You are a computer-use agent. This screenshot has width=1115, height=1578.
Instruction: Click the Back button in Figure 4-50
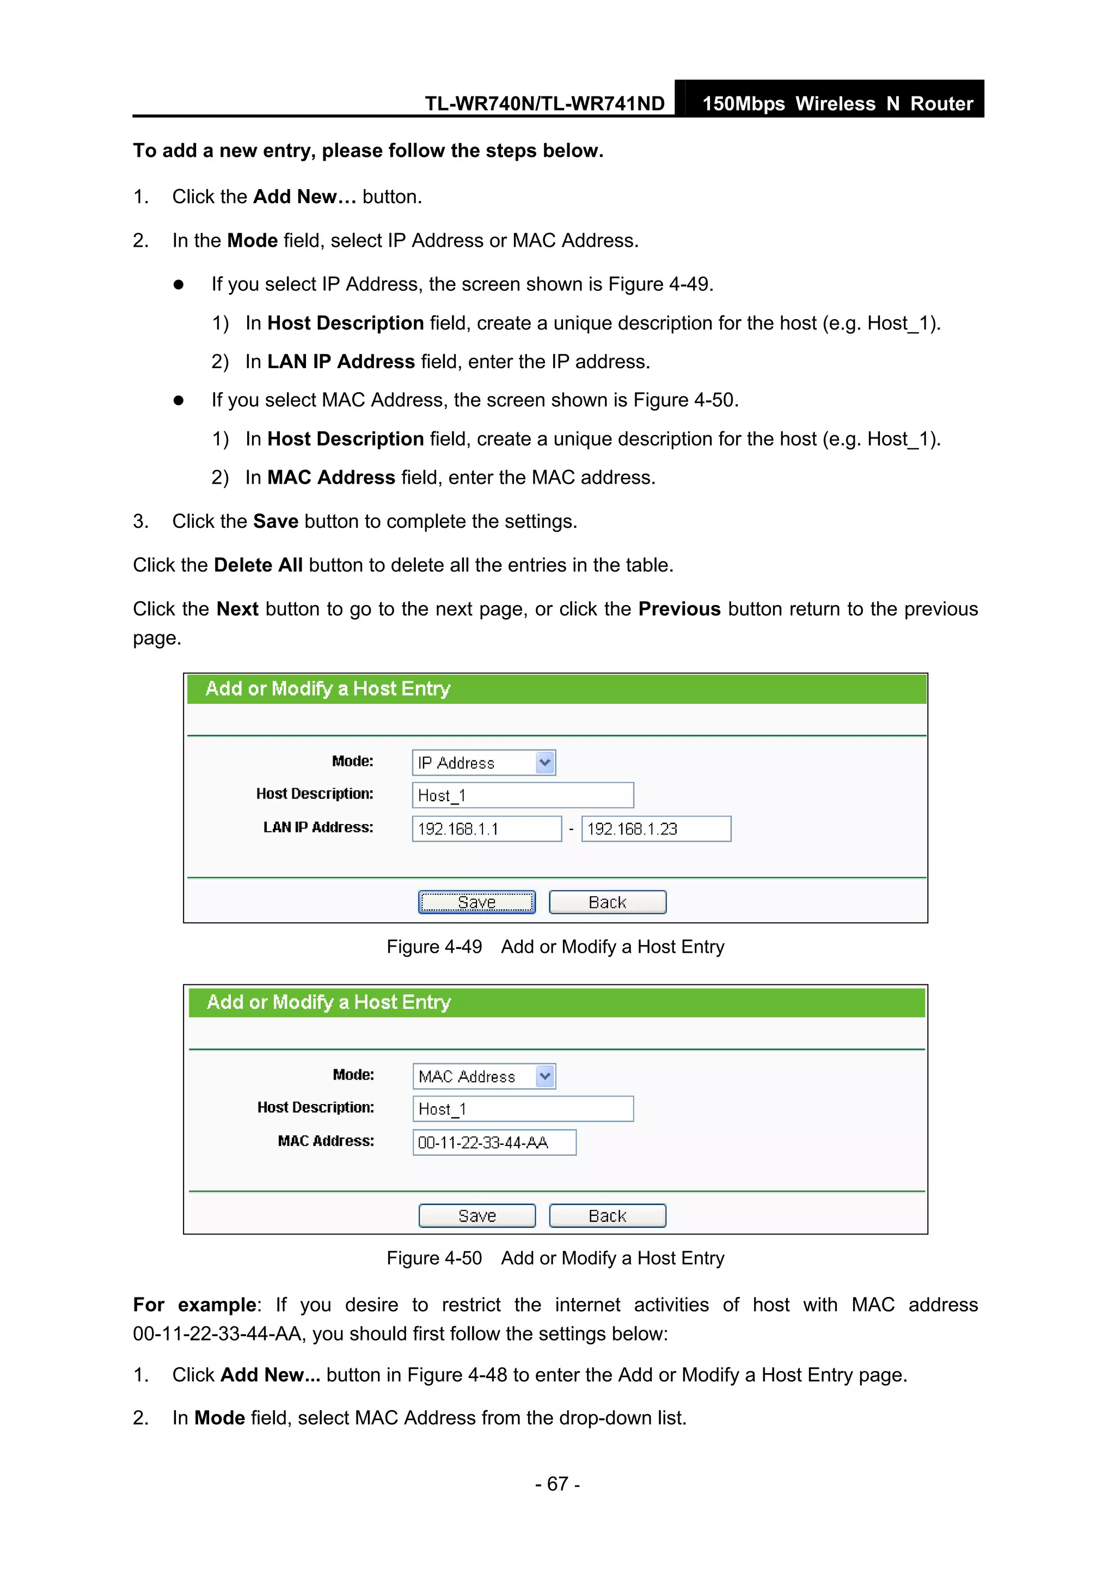click(x=607, y=1215)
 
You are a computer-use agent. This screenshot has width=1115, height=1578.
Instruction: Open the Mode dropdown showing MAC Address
click(x=483, y=1076)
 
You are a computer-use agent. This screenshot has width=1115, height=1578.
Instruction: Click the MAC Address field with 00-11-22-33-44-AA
click(x=494, y=1142)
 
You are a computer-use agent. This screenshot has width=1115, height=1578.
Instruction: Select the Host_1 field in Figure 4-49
click(x=522, y=795)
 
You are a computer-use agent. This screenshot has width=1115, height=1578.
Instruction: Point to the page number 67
click(x=557, y=1484)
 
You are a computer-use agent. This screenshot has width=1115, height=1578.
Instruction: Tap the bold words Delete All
click(x=258, y=565)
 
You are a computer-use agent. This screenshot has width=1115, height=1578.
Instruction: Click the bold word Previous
click(x=679, y=609)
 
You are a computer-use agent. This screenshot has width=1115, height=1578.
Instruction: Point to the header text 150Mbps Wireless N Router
click(x=837, y=104)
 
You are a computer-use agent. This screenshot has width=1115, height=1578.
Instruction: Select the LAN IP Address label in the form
click(x=318, y=827)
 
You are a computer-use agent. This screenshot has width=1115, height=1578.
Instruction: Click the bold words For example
click(x=195, y=1305)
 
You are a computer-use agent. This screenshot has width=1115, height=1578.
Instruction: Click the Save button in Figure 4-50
click(x=477, y=1215)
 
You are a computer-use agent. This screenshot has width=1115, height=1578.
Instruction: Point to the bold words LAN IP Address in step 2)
click(x=341, y=362)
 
